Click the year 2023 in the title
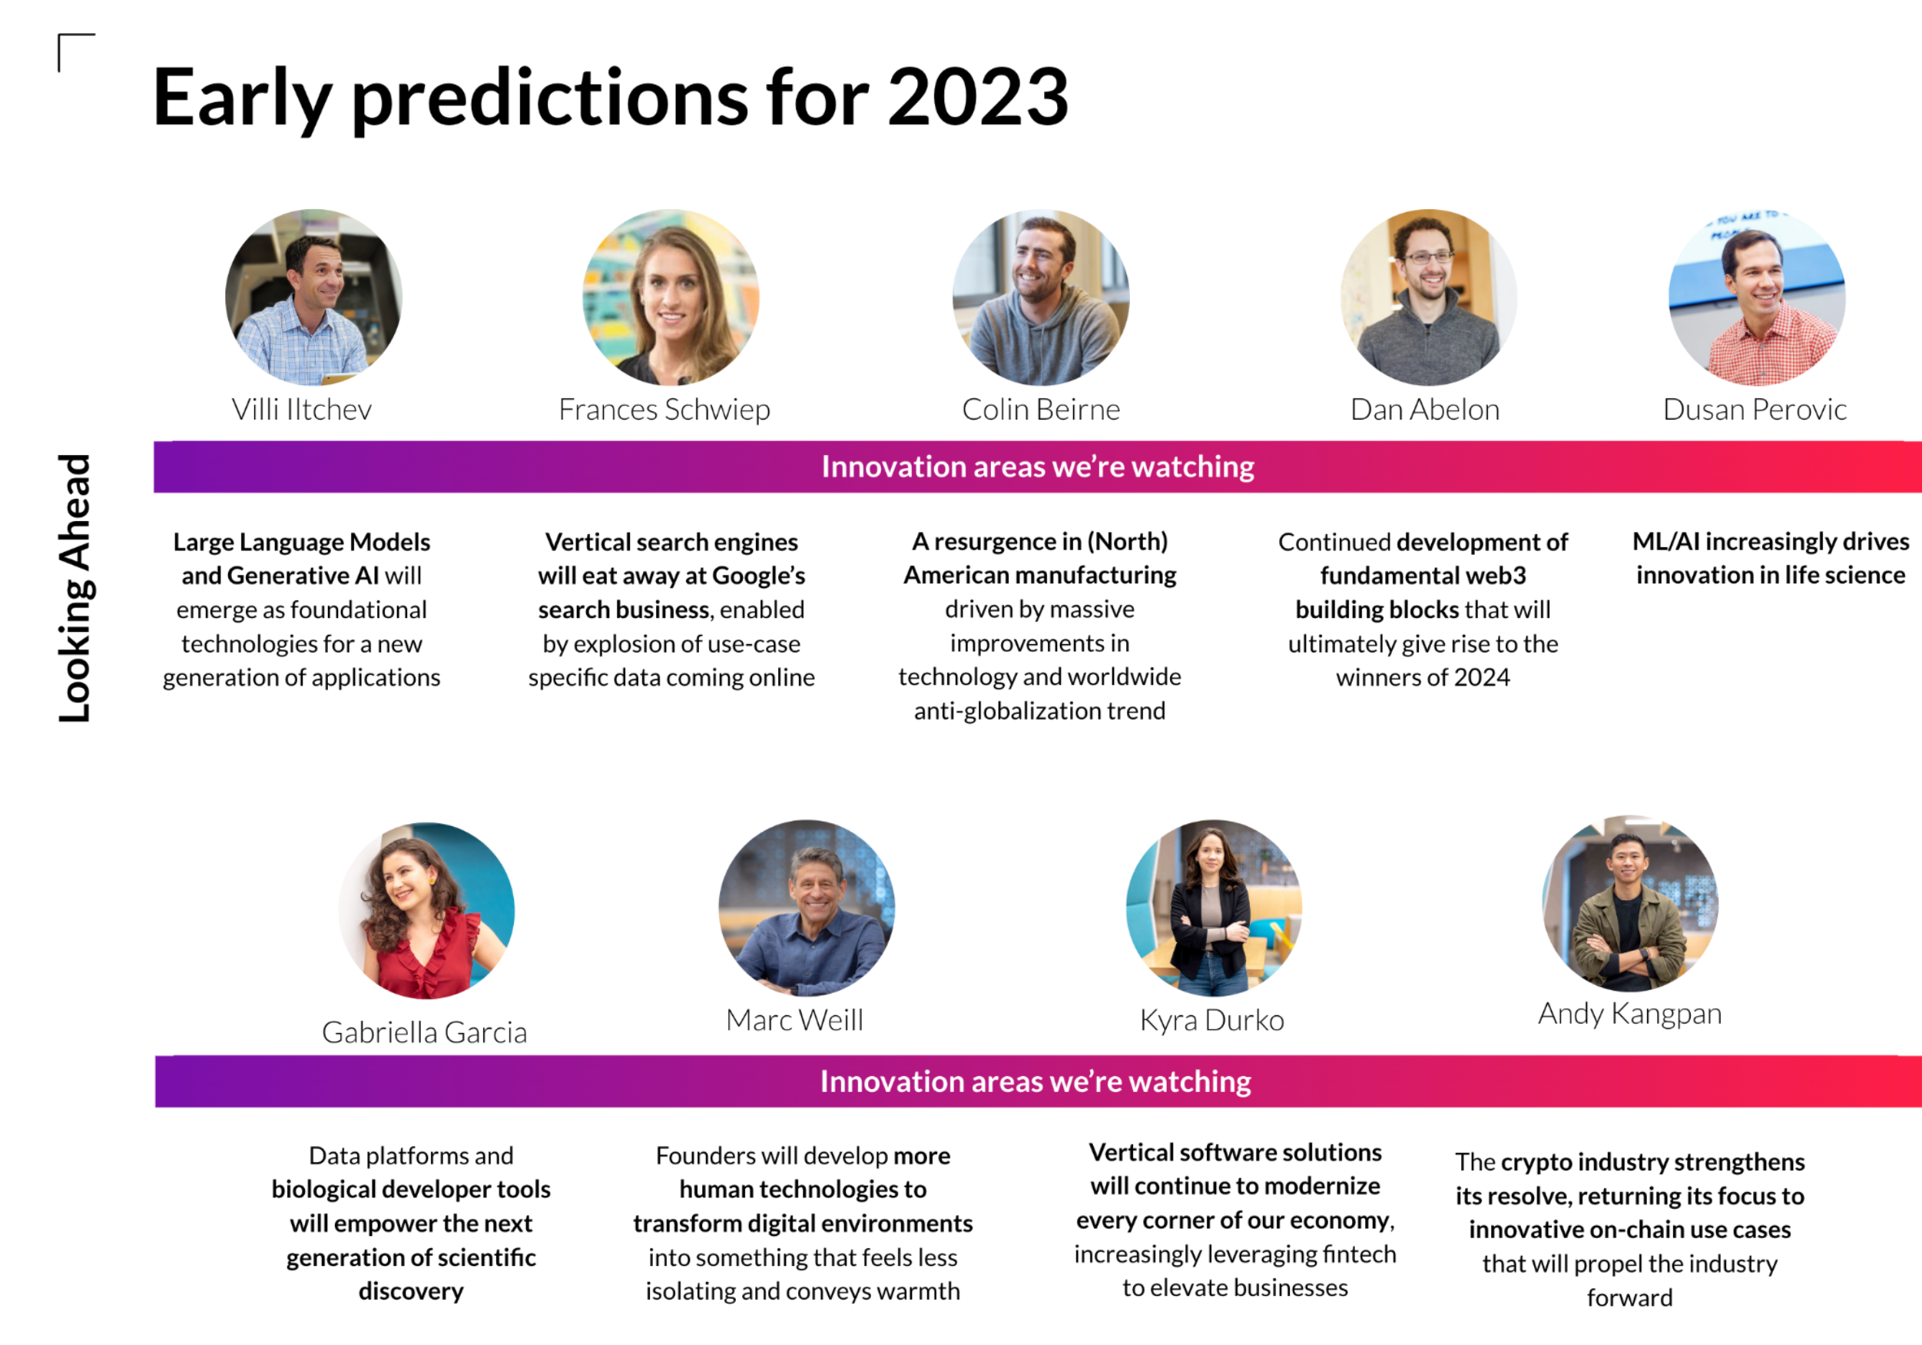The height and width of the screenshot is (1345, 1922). pyautogui.click(x=978, y=97)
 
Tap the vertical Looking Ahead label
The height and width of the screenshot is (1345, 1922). pyautogui.click(x=75, y=588)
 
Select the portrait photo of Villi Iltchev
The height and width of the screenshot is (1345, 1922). pyautogui.click(x=314, y=297)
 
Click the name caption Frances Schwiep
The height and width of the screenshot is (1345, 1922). pyautogui.click(x=664, y=410)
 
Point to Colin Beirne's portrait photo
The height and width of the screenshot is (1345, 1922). pyautogui.click(x=1041, y=297)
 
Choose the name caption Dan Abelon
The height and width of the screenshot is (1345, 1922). pyautogui.click(x=1425, y=410)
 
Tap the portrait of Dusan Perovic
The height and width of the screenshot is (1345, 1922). pyautogui.click(x=1757, y=297)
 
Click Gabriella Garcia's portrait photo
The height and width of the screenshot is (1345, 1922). pyautogui.click(x=427, y=910)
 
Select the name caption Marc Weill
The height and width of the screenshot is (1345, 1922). pyautogui.click(x=794, y=1020)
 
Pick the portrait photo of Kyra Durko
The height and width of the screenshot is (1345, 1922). pyautogui.click(x=1214, y=908)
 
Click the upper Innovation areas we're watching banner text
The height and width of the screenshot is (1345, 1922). pyautogui.click(x=1038, y=467)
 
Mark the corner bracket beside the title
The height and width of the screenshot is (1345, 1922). pyautogui.click(x=59, y=35)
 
